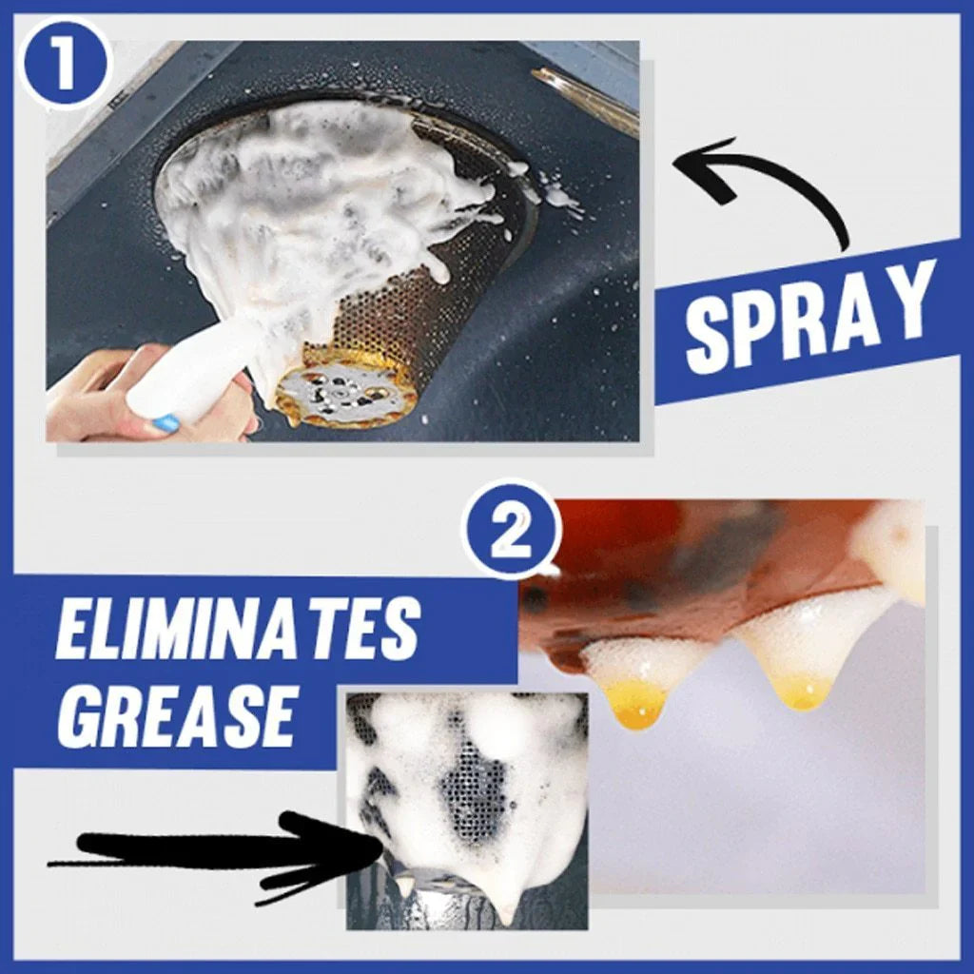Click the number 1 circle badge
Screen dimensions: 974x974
[64, 63]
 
